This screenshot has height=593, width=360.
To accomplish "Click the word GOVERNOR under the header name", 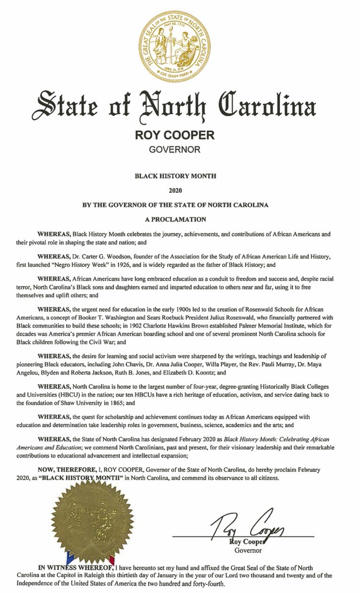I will (x=180, y=148).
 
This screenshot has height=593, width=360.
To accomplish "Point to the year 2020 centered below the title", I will (x=180, y=189).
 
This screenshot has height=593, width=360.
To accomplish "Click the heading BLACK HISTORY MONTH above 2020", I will (x=180, y=175).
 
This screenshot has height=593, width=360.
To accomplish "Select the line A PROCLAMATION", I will (x=180, y=217).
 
